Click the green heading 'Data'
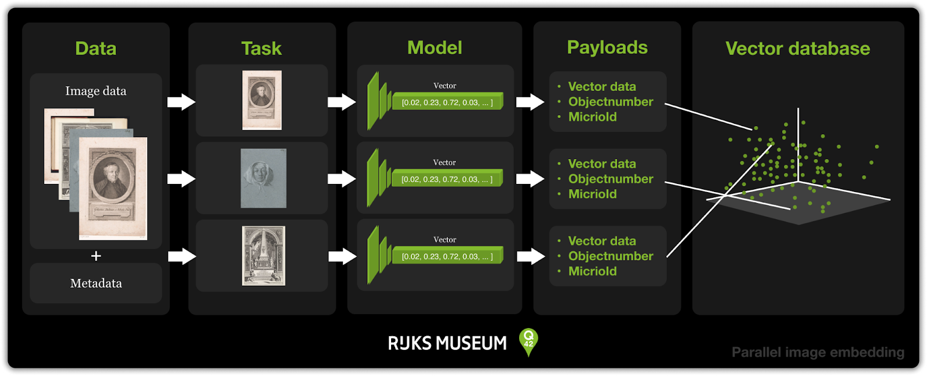[x=96, y=49]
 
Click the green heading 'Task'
[x=261, y=49]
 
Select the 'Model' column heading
[x=435, y=47]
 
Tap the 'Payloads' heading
[x=607, y=47]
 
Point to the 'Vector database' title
[x=798, y=49]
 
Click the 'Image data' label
[x=96, y=91]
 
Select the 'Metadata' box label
[x=96, y=283]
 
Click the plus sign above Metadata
[x=96, y=256]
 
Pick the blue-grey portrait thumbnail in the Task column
[x=264, y=178]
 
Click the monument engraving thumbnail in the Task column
[x=264, y=256]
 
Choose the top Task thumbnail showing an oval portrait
[x=262, y=100]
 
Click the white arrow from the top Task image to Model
[x=342, y=102]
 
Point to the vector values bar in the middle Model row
[x=447, y=179]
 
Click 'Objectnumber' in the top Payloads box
[x=610, y=102]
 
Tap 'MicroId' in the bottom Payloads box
[x=592, y=271]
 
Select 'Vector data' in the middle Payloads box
[x=602, y=164]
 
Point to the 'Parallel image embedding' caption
[x=817, y=352]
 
